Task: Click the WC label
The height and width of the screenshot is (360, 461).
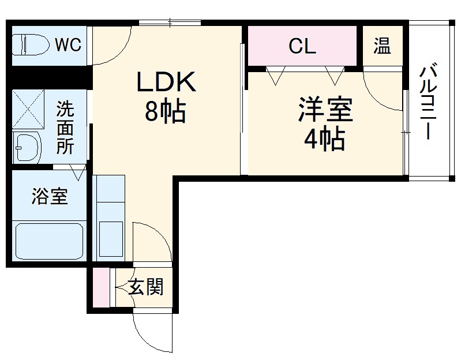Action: click(68, 44)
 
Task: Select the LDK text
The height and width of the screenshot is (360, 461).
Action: click(166, 83)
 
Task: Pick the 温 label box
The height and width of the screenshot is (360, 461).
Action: click(381, 46)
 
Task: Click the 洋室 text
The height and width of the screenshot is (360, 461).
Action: click(325, 110)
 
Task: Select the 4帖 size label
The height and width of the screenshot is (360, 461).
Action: click(324, 139)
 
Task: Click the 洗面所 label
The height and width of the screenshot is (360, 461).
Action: click(65, 127)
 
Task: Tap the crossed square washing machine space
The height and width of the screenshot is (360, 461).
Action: click(28, 108)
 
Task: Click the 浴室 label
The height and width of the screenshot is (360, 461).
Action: click(49, 197)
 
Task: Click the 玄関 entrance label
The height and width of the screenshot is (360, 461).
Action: click(145, 287)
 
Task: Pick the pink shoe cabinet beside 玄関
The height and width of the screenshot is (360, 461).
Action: click(100, 287)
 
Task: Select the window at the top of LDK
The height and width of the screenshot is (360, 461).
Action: click(170, 23)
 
